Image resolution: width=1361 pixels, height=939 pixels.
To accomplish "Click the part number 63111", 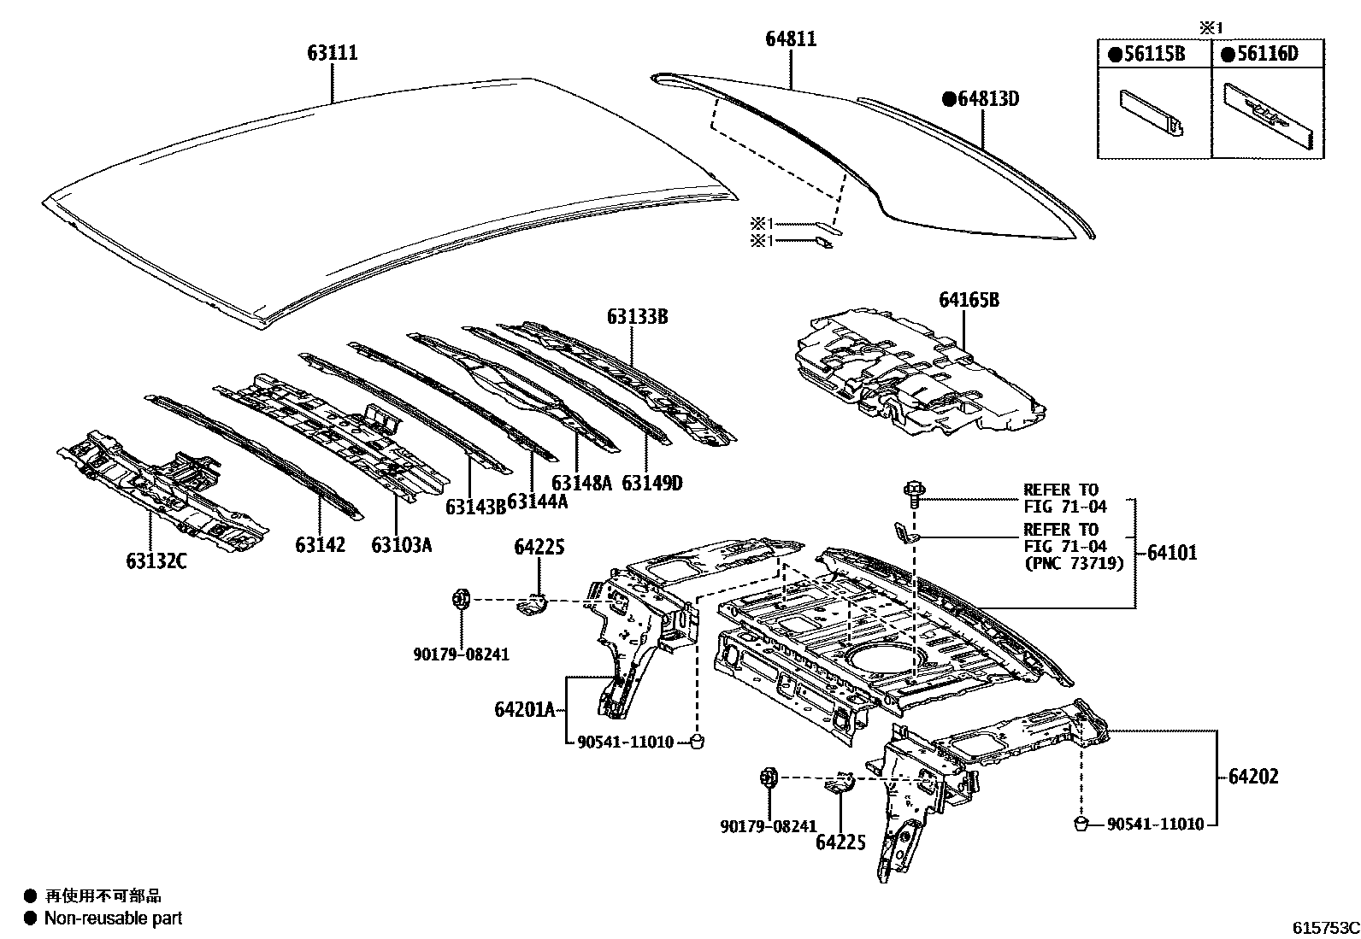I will [x=333, y=53].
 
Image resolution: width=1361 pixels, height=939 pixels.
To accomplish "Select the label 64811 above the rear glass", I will [x=790, y=39].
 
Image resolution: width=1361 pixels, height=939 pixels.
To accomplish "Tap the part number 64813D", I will [x=981, y=99].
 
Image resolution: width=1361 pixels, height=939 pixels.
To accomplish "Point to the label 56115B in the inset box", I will [x=1147, y=55].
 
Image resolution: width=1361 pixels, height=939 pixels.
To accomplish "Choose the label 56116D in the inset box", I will [x=1260, y=55].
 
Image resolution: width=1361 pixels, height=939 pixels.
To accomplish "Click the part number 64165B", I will [x=969, y=300].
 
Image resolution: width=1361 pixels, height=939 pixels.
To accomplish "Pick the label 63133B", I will [x=637, y=316].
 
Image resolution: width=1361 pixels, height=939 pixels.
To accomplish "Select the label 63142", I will [x=321, y=544].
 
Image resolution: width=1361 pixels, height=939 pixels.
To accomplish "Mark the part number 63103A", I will [x=401, y=544].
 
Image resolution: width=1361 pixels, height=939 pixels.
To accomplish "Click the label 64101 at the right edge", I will [x=1171, y=553].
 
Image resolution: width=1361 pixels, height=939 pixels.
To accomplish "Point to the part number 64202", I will [x=1253, y=777].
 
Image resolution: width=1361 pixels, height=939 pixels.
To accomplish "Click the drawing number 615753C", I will [x=1325, y=928].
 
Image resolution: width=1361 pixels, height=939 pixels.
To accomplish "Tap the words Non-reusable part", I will [x=114, y=918].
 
